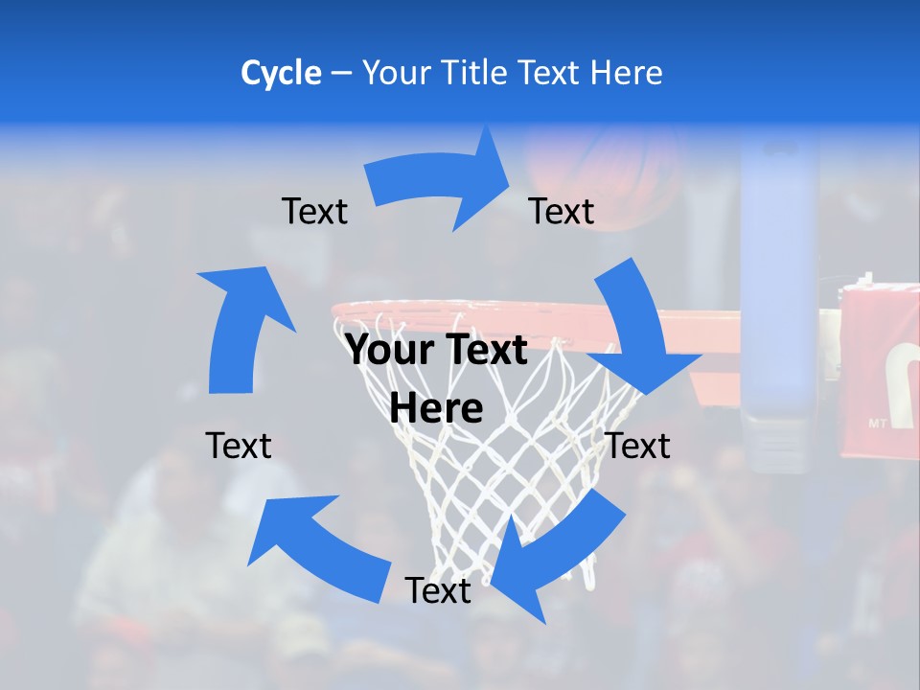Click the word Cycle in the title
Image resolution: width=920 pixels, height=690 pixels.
click(281, 73)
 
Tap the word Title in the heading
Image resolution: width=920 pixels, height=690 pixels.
click(476, 73)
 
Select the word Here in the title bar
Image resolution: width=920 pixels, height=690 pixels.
click(625, 73)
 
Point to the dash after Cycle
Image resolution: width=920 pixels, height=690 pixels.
click(341, 74)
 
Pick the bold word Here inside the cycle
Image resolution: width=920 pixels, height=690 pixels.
click(436, 408)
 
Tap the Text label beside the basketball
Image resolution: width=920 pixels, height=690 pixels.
click(562, 211)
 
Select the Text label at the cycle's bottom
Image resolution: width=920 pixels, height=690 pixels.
click(438, 590)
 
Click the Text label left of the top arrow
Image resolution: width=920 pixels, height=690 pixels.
click(314, 211)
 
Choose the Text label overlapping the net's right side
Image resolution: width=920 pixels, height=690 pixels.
click(638, 446)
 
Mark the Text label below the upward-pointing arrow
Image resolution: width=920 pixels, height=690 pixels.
click(239, 446)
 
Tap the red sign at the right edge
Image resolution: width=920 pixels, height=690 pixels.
click(880, 368)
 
